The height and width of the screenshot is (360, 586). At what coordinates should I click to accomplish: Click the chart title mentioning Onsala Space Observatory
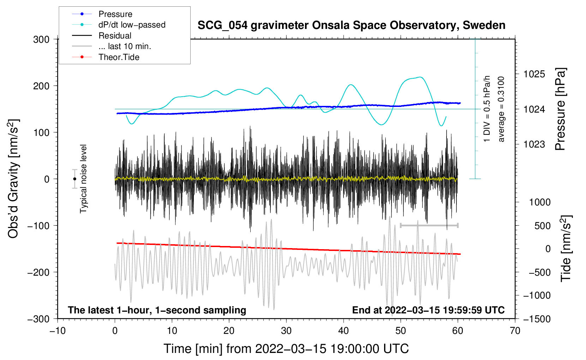click(351, 25)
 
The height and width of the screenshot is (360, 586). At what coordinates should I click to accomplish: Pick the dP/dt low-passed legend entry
click(132, 25)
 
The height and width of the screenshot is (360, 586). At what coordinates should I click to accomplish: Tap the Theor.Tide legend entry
click(119, 57)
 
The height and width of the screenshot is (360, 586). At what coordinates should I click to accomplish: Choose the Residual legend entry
click(115, 36)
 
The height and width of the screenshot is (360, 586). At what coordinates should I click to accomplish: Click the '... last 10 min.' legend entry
click(125, 46)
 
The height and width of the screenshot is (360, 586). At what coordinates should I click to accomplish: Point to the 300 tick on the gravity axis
click(41, 40)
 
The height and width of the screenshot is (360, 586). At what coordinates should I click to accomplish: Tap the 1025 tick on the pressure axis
click(534, 74)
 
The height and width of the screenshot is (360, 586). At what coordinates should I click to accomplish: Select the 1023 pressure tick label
click(534, 144)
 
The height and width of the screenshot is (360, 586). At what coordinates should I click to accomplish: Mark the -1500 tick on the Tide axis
click(537, 319)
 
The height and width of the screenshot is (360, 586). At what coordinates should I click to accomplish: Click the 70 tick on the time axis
click(515, 331)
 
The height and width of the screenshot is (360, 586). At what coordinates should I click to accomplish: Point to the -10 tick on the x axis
click(58, 331)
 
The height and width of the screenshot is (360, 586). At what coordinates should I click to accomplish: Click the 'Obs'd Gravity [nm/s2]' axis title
click(13, 179)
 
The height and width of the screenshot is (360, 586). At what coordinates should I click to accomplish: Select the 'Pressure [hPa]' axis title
click(561, 109)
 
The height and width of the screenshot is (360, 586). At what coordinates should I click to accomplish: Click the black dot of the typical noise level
click(74, 179)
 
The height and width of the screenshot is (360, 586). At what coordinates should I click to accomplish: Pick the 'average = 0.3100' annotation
click(501, 109)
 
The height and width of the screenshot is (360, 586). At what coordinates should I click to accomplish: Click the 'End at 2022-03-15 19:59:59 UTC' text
click(428, 310)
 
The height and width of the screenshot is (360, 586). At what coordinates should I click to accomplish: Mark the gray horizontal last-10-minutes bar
click(429, 225)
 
